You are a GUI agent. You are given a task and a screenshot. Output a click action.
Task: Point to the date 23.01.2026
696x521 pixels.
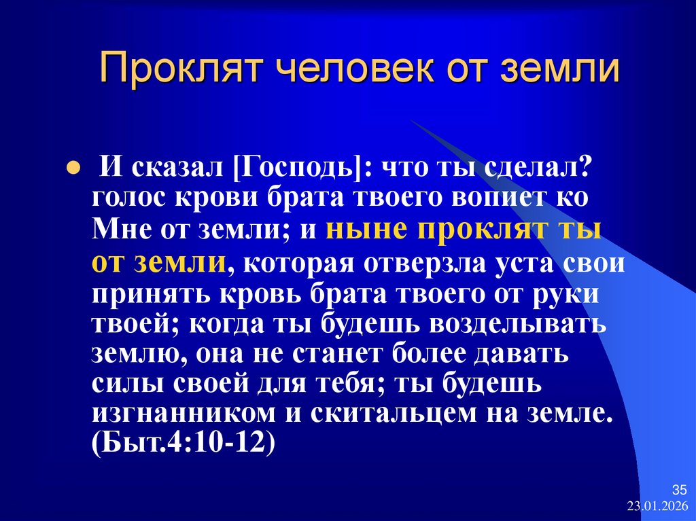tap(658, 507)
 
